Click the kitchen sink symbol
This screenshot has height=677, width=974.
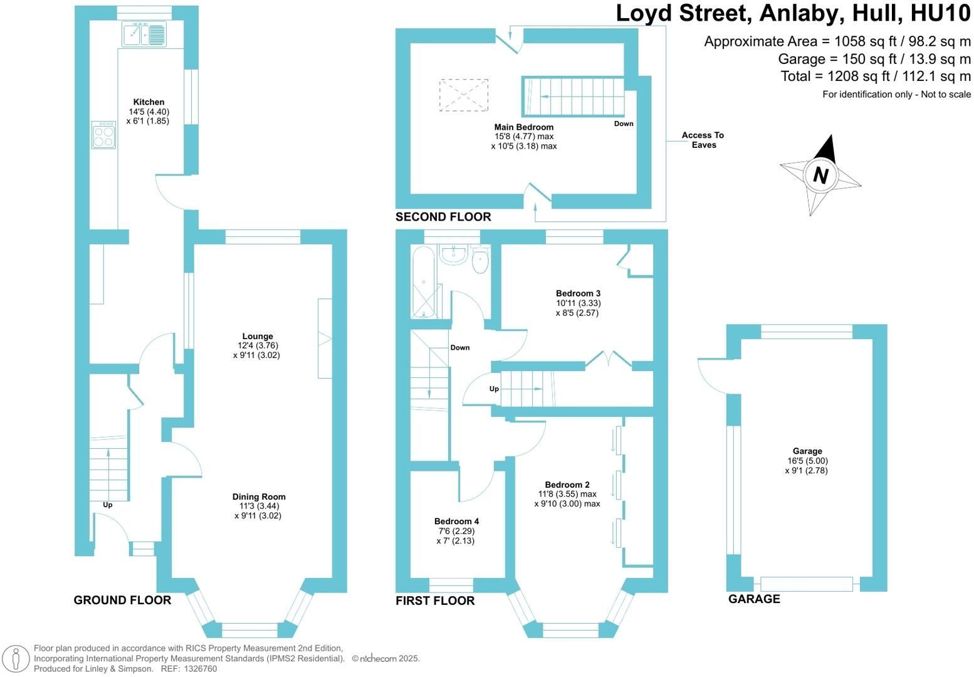coord(144,34)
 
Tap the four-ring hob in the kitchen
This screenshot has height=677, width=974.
coord(103,135)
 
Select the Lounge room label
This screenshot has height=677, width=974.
coord(258,336)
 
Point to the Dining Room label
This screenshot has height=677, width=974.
coord(259,496)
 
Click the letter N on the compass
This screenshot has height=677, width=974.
coord(820,176)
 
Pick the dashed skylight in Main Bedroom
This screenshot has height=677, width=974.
coord(464,95)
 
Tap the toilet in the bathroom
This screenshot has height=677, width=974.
coord(480,259)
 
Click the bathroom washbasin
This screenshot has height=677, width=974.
coord(453,255)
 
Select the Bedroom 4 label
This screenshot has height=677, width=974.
coord(456,521)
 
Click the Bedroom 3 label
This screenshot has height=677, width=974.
coord(578,293)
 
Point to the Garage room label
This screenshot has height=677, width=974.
coord(807,451)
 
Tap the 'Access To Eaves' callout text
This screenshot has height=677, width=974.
coord(703,140)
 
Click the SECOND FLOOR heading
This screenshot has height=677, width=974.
coord(443,216)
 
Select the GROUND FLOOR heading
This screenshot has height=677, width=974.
coord(122,600)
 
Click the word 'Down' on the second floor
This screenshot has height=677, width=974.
coord(624,123)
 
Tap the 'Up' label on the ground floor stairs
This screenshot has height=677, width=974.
coord(107,505)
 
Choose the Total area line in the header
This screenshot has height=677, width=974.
coord(876,76)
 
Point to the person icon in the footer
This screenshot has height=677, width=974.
coord(16,659)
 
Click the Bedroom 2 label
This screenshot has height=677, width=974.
coord(567,485)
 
